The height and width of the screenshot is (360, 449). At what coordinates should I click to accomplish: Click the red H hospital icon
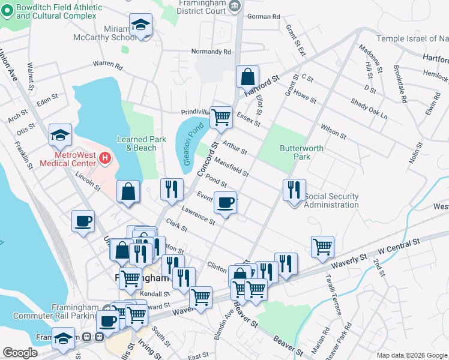pyautogui.click(x=105, y=158)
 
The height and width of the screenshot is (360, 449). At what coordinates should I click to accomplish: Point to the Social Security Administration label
pyautogui.click(x=331, y=200)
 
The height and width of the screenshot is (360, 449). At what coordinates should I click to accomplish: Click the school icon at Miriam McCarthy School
pyautogui.click(x=140, y=25)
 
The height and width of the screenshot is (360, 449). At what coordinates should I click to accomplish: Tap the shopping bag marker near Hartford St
pyautogui.click(x=247, y=77)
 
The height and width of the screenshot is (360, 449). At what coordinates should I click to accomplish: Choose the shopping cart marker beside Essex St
pyautogui.click(x=221, y=116)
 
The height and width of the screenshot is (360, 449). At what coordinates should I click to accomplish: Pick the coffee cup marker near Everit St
pyautogui.click(x=226, y=203)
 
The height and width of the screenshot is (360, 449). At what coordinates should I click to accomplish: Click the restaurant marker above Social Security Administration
pyautogui.click(x=294, y=190)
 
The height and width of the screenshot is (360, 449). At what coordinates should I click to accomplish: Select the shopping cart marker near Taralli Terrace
pyautogui.click(x=323, y=245)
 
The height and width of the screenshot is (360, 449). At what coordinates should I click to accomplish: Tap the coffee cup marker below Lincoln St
pyautogui.click(x=83, y=221)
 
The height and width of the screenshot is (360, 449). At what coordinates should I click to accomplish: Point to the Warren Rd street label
pyautogui.click(x=107, y=64)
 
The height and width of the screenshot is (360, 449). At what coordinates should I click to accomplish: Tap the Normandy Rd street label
pyautogui.click(x=211, y=52)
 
